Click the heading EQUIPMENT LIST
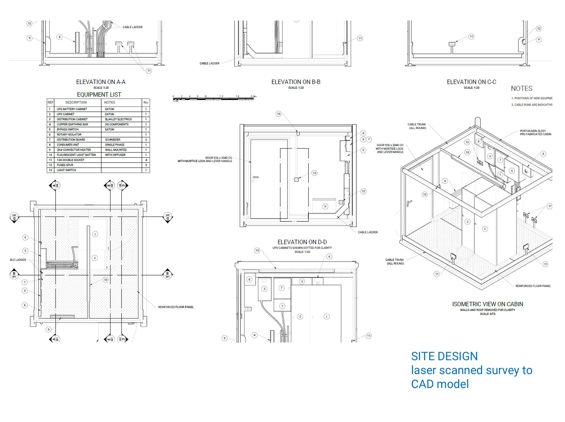(99, 94)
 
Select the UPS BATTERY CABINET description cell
(72, 109)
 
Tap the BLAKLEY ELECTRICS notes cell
(118, 119)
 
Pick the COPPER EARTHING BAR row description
(72, 124)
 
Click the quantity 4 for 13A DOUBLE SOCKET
(146, 160)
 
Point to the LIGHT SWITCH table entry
(66, 170)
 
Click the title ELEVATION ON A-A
(101, 82)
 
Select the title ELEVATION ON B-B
(296, 82)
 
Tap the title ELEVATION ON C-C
(471, 82)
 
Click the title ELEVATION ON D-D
(302, 242)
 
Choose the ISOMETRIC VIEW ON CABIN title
(487, 304)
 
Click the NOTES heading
(521, 88)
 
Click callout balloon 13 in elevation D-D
(314, 173)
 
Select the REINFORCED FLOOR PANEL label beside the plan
(176, 307)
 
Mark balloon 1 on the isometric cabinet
(485, 229)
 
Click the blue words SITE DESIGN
(444, 356)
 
